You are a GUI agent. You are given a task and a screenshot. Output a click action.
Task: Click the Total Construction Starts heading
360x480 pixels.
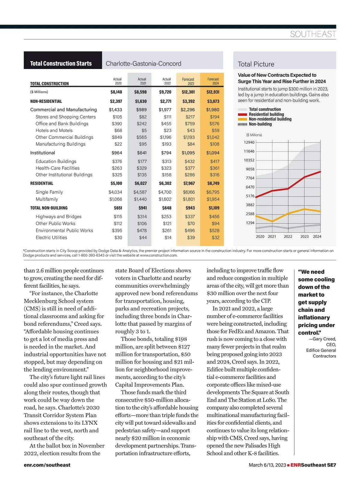pos(61,64)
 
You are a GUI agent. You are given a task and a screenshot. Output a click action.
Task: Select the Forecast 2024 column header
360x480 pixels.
pos(213,81)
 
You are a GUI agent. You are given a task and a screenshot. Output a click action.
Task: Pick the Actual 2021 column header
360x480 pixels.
pos(142,81)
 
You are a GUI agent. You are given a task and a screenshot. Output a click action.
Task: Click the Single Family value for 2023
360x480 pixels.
pos(189,192)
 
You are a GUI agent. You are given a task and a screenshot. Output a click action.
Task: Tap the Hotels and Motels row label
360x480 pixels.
pos(54,130)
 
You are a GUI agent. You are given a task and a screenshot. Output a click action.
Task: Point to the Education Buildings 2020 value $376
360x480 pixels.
pos(117,161)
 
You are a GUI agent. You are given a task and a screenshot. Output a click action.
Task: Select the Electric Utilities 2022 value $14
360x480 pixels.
pos(168,238)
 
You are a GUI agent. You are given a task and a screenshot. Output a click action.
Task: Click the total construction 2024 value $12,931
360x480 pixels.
pos(213,92)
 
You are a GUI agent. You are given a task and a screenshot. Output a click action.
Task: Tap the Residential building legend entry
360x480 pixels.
pos(266,114)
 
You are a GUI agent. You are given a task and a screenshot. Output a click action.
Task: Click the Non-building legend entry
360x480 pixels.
pos(260,124)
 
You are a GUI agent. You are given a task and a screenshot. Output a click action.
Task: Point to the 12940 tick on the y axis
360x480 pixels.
pos(249,142)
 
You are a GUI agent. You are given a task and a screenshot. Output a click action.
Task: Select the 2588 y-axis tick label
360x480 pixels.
pos(250,214)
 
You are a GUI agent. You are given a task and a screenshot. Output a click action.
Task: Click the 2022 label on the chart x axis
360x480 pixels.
pos(288,237)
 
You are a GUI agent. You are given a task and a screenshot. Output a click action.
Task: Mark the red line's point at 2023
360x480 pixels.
pos(304,177)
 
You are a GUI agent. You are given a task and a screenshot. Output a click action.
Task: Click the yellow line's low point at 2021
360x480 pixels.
pos(272,221)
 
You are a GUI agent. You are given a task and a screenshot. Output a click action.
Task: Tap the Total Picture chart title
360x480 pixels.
pos(256,64)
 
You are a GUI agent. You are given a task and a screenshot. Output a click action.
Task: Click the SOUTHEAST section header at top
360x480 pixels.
pos(313,34)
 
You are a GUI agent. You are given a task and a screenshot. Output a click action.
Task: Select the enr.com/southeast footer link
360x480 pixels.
pos(47,465)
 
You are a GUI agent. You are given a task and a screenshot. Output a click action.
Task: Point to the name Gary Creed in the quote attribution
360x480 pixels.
pos(324,339)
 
